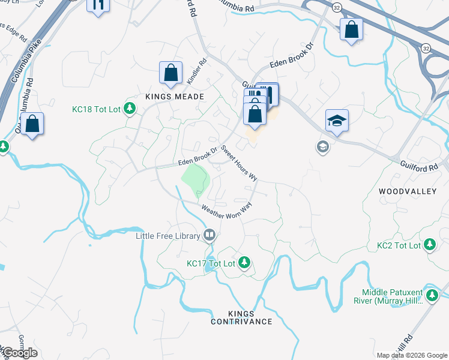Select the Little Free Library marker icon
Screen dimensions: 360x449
tap(209, 236)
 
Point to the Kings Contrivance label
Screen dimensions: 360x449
tap(241, 317)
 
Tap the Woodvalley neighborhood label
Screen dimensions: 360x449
tap(410, 191)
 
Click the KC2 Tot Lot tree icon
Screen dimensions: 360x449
tap(429, 245)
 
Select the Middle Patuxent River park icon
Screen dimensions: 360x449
tap(432, 295)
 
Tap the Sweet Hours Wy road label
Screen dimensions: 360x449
tap(239, 163)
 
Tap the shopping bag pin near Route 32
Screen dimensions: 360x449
tap(351, 29)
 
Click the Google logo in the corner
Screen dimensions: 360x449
tap(19, 353)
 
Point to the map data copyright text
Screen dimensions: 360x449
tap(412, 355)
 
